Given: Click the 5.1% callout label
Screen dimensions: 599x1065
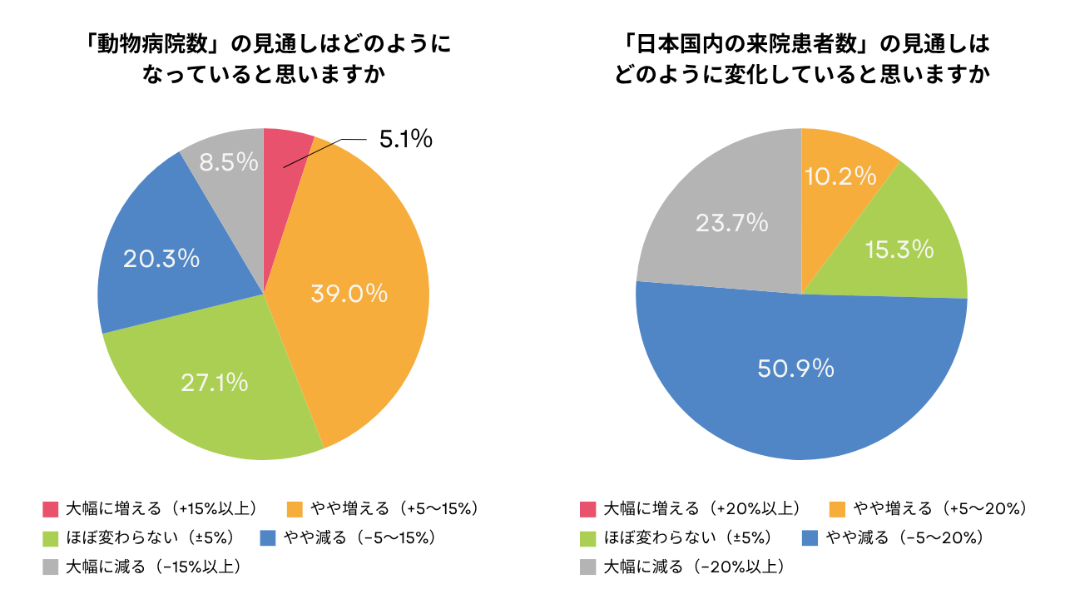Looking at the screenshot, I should pyautogui.click(x=405, y=139).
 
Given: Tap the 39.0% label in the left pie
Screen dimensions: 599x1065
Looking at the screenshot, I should pyautogui.click(x=349, y=293).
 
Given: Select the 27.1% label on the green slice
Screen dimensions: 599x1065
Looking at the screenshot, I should pyautogui.click(x=215, y=383).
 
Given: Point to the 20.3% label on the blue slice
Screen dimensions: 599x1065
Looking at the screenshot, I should pyautogui.click(x=161, y=259).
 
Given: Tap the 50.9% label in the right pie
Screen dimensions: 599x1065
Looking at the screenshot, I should pyautogui.click(x=795, y=369).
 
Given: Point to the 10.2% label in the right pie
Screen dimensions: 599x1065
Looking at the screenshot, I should pyautogui.click(x=840, y=176).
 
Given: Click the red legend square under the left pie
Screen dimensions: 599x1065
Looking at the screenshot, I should pyautogui.click(x=51, y=508).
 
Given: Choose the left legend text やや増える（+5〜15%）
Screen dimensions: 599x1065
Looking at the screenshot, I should pyautogui.click(x=396, y=508).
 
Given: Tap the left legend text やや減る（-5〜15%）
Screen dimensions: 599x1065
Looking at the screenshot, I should pyautogui.click(x=360, y=537).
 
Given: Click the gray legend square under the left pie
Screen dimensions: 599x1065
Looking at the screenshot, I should pyautogui.click(x=51, y=567).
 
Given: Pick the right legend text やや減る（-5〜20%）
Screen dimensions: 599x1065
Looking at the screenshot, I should pyautogui.click(x=905, y=537).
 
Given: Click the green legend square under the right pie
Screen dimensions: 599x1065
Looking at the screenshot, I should pyautogui.click(x=587, y=537).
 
